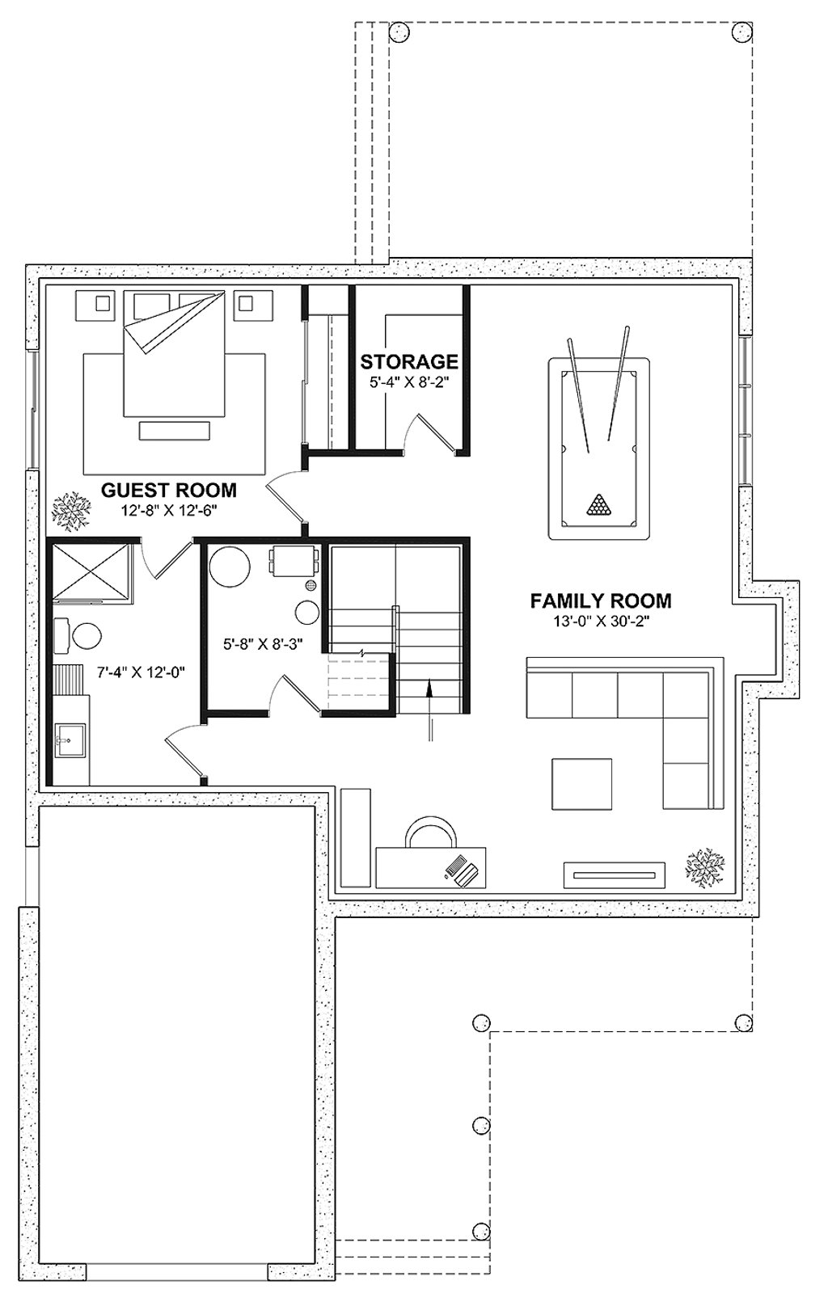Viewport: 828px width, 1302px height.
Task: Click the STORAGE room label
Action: pos(409,361)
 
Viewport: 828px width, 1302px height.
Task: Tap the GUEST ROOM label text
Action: pos(169,490)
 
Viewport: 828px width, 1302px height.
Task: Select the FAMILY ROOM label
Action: pos(601,600)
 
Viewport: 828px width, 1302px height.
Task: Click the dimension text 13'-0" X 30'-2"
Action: pos(601,622)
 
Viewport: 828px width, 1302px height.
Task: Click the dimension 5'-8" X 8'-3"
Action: pos(264,644)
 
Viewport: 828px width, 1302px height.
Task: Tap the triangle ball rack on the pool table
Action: pos(598,504)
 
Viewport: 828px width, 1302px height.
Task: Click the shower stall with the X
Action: pos(92,571)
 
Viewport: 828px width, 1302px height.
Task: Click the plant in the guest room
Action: pos(71,511)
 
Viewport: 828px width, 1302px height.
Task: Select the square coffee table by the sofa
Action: pos(582,783)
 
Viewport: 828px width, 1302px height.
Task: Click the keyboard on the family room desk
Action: pos(454,866)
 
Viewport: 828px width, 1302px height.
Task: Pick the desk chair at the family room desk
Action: pos(431,830)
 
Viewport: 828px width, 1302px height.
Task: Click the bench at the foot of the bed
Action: pos(175,431)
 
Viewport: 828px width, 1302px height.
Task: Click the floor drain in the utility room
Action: pos(313,585)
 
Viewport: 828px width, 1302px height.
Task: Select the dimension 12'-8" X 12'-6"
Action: pos(169,511)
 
